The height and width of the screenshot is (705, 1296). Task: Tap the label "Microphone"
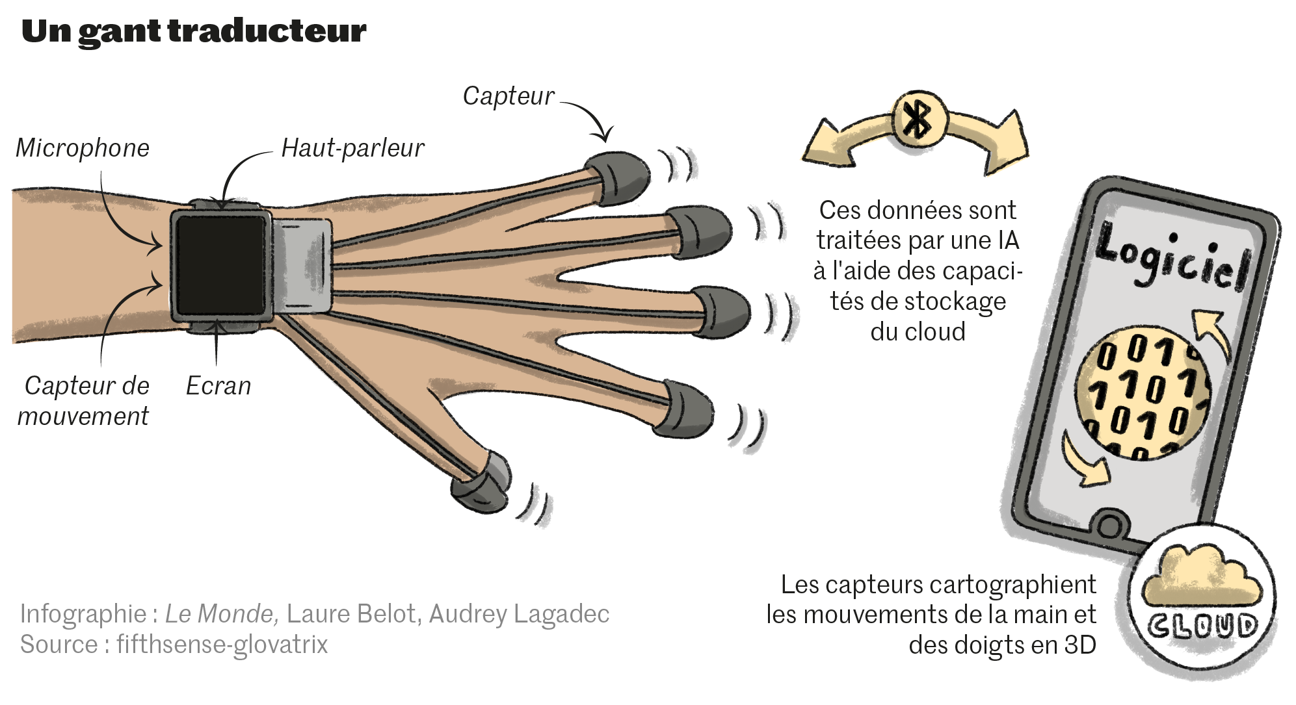coord(83,148)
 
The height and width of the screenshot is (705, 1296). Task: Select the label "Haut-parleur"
coord(352,148)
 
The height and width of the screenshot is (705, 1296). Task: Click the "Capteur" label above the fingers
coord(509,96)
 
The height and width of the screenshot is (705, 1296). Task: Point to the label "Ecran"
coord(218,386)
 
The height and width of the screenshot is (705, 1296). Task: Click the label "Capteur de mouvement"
coord(85,401)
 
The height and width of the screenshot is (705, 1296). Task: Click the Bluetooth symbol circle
coord(918,120)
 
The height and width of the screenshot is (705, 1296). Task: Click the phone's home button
coord(1109,524)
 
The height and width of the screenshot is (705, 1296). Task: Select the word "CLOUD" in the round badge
coord(1202,626)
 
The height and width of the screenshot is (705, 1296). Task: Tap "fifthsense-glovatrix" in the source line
coord(222,645)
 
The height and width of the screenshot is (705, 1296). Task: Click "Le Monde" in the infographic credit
coord(221,614)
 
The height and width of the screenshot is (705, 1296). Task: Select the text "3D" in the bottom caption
coord(1079,645)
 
